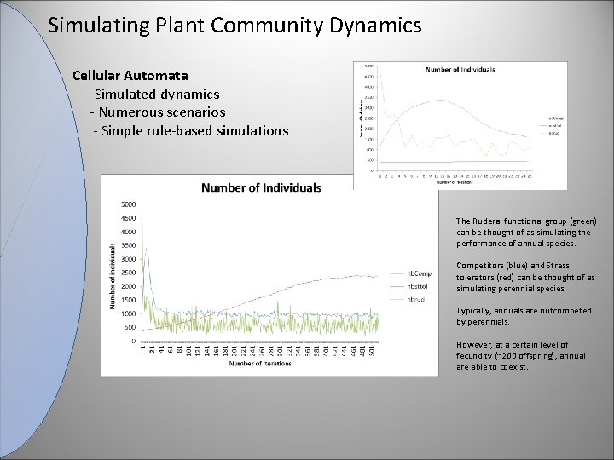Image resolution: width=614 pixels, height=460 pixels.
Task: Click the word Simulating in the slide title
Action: pos(88,26)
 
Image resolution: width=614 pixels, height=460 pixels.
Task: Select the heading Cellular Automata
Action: pos(130,75)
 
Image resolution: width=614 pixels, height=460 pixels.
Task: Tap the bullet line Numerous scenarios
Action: pos(161,112)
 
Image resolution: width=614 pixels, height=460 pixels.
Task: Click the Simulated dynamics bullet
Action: pos(157,94)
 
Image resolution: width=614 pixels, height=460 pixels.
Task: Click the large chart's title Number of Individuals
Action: pos(261,187)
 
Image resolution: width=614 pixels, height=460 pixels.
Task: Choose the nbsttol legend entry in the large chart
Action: pos(417,287)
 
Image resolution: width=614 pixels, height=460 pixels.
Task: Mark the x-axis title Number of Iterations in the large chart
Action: pos(259,364)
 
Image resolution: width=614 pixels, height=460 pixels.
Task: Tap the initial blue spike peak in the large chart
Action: pos(147,250)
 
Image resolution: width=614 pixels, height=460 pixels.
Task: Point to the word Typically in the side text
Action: pos(472,311)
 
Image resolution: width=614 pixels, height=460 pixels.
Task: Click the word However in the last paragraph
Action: pos(473,345)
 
